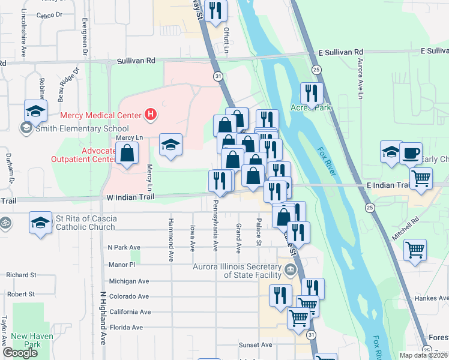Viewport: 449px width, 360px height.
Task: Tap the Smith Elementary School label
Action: click(82, 128)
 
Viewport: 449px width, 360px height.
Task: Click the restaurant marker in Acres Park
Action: click(311, 92)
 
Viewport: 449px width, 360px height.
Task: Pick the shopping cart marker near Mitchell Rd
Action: click(415, 249)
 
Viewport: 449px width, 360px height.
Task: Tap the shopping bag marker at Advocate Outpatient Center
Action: click(128, 155)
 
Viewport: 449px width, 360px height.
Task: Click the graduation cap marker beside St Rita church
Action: click(41, 223)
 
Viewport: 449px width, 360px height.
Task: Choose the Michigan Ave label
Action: click(128, 281)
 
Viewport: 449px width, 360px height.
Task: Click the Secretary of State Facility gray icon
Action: click(290, 269)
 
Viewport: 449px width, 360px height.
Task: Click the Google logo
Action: click(20, 353)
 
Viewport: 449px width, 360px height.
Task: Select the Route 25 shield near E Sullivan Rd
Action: click(316, 70)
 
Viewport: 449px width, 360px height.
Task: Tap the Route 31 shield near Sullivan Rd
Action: click(217, 76)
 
